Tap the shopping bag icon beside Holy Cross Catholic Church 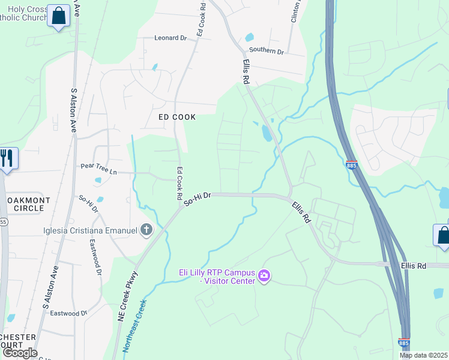tap(59, 16)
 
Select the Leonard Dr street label tap(171, 38)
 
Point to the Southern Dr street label tap(266, 51)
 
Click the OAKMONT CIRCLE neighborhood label tap(24, 203)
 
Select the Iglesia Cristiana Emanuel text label tap(90, 229)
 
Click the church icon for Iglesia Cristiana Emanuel tap(146, 229)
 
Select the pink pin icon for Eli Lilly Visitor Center tap(264, 276)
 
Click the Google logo tap(20, 353)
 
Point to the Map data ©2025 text tap(423, 355)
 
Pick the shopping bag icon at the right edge tap(443, 235)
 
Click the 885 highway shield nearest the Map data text tap(404, 343)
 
